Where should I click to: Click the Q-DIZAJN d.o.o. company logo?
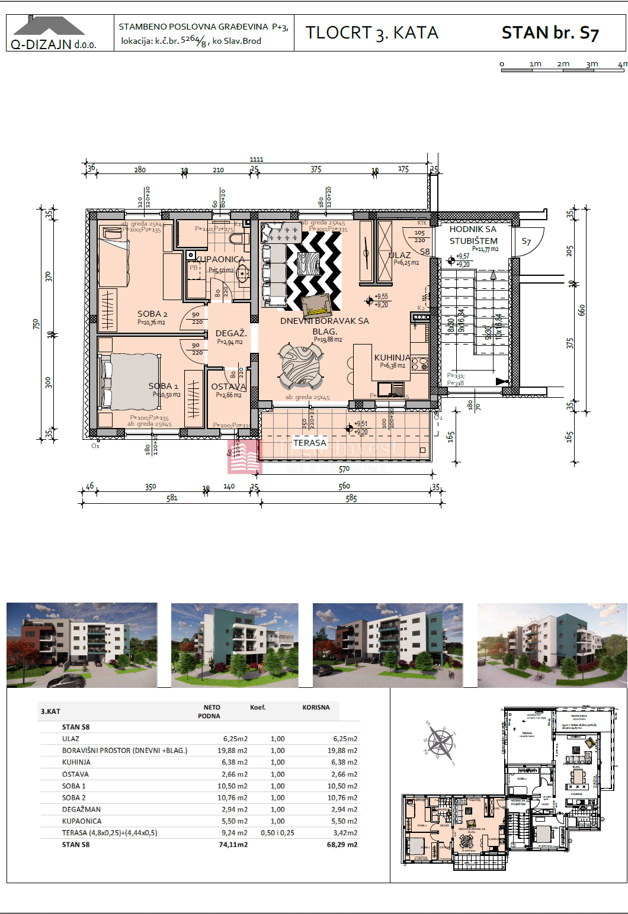point(53,34)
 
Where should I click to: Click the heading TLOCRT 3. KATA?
point(371,33)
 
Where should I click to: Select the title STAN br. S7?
point(550,33)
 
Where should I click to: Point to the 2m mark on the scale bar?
point(563,64)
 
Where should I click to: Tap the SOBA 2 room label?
point(152,314)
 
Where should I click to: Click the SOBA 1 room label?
point(163,386)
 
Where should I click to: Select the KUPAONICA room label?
point(220,259)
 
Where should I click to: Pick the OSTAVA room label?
point(228,387)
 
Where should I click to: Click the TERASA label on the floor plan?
point(310,443)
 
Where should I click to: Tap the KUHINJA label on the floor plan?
point(392,358)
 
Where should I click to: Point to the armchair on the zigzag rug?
point(317,304)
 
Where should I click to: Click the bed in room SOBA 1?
point(131,382)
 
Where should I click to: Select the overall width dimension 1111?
point(256,159)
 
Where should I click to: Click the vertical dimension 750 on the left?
point(36,324)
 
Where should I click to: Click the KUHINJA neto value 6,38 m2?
point(235,762)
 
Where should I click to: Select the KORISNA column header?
point(316,707)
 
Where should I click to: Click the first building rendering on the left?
point(82,645)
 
